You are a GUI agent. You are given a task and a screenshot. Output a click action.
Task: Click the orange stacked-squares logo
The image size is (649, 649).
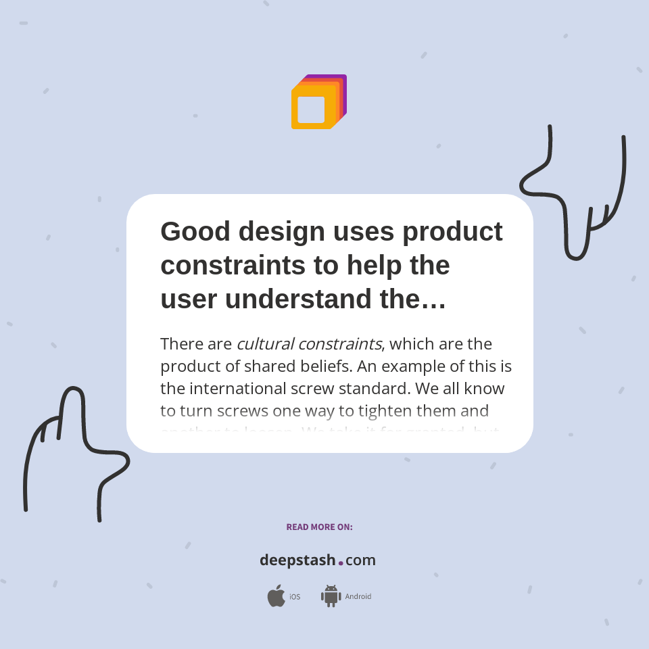318,102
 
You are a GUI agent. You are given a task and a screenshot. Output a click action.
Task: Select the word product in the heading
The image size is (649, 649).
452,231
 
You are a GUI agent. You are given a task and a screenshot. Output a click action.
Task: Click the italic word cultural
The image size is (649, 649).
264,343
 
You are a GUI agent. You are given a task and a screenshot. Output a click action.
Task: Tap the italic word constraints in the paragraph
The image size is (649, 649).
339,343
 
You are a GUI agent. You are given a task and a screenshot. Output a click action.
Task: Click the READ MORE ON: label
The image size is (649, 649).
319,527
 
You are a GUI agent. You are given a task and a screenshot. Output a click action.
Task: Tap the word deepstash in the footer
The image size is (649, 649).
297,560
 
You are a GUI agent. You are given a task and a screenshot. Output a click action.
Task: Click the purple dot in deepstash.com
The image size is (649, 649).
341,562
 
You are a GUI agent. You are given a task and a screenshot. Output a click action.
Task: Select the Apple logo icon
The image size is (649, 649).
276,596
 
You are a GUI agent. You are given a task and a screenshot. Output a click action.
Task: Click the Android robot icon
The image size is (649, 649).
331,596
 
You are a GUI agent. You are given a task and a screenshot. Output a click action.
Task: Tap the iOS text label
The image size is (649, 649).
295,597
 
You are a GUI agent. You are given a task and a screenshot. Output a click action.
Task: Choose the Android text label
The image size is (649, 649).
358,597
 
